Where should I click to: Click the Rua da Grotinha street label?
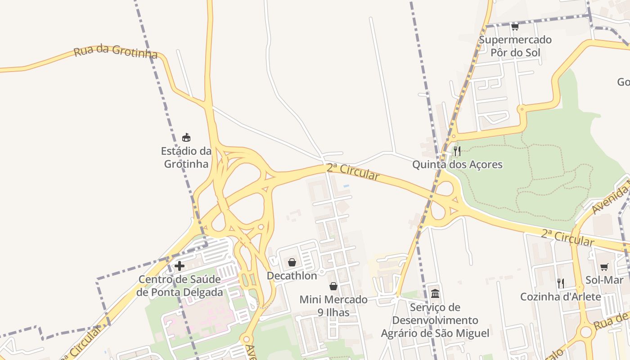(116, 51)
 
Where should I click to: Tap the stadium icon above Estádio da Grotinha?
(186, 137)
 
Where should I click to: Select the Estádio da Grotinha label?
(186, 157)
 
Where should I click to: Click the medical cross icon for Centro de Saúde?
(180, 266)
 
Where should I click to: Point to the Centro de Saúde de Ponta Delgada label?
(180, 286)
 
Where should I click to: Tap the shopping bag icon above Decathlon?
(292, 262)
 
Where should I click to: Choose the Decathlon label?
(292, 275)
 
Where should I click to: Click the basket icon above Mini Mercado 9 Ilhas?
(333, 286)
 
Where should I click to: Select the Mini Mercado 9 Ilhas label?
(333, 306)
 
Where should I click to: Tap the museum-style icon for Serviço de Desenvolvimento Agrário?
(435, 294)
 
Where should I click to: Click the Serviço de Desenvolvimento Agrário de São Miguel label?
(435, 320)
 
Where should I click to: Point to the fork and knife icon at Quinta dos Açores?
(457, 151)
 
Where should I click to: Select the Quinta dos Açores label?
(457, 164)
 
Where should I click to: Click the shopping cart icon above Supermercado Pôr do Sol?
(515, 27)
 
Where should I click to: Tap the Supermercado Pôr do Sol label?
(515, 46)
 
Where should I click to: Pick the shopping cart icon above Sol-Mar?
(604, 267)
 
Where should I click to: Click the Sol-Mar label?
(604, 280)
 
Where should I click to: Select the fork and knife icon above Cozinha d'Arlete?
(561, 283)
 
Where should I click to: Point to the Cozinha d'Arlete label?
(561, 297)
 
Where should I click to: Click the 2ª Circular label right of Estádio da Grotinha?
(353, 171)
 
